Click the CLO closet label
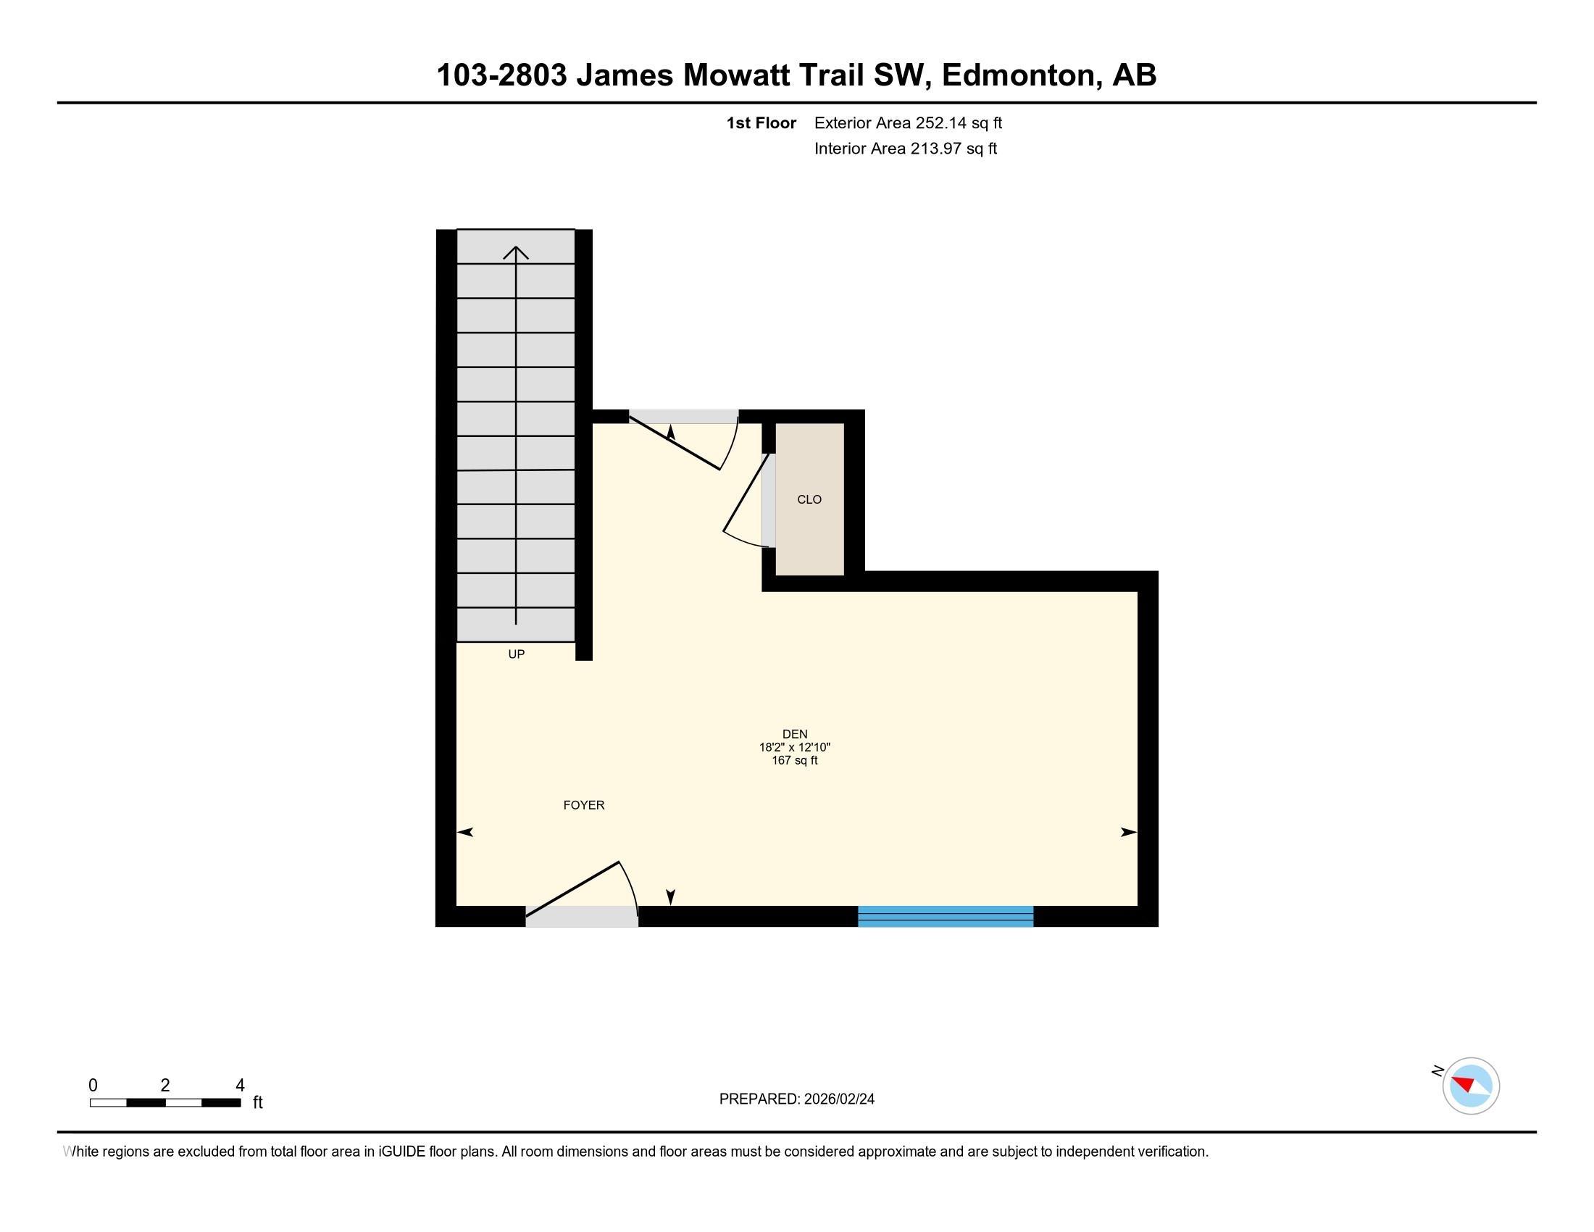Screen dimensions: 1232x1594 click(x=809, y=499)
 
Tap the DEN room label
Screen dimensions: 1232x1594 click(x=794, y=734)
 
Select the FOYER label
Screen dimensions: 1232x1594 click(x=583, y=805)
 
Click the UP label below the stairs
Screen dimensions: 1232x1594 click(x=516, y=654)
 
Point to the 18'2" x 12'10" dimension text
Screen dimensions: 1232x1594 click(x=794, y=747)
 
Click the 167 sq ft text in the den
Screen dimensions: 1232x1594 click(x=794, y=760)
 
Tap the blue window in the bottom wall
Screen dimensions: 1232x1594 click(x=944, y=916)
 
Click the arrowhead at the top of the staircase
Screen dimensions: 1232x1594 click(x=516, y=252)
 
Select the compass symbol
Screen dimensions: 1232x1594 click(x=1470, y=1086)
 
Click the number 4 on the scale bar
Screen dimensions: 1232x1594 click(x=240, y=1086)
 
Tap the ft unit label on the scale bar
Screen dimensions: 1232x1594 click(x=258, y=1103)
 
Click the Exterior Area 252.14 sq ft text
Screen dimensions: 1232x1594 click(x=907, y=122)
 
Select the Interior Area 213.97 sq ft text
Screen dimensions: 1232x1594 click(x=905, y=148)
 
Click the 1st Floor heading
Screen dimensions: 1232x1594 click(x=761, y=122)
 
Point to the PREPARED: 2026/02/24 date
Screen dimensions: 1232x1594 click(x=796, y=1099)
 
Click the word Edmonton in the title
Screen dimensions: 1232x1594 click(x=1021, y=75)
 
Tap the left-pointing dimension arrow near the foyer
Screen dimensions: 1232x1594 click(x=466, y=832)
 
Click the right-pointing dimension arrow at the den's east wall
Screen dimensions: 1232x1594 click(x=1128, y=832)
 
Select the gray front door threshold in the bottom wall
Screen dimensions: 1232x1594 click(x=581, y=917)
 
